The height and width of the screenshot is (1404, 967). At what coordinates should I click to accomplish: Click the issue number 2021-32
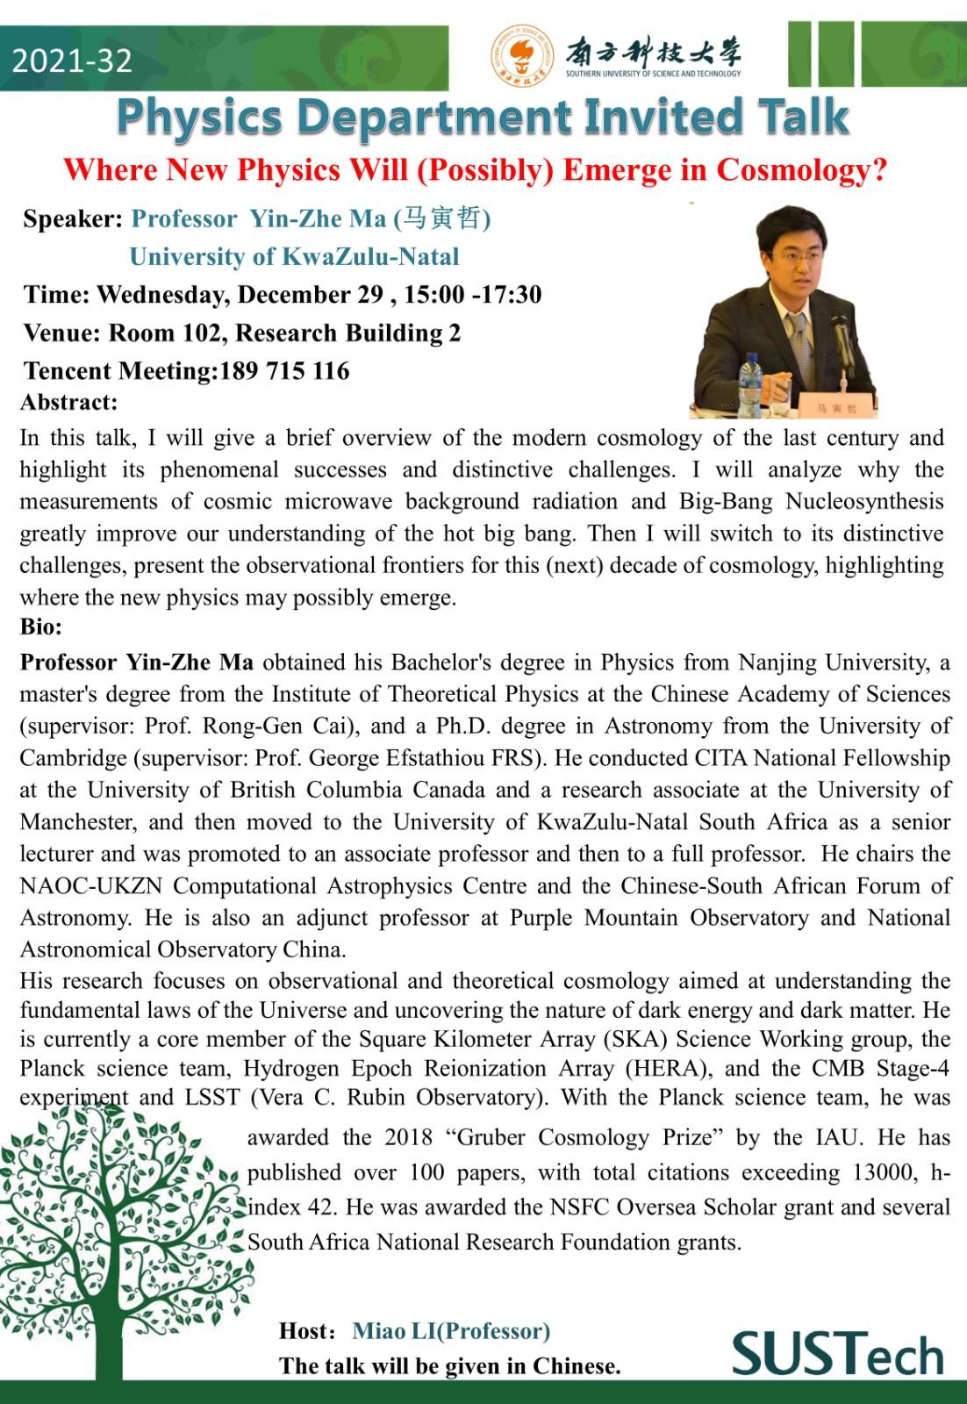coord(72,60)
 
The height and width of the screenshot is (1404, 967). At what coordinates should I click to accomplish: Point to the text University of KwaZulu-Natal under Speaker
coord(294,256)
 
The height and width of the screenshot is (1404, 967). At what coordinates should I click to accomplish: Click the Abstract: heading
coord(68,402)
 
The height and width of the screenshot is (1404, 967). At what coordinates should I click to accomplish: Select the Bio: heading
coord(41,627)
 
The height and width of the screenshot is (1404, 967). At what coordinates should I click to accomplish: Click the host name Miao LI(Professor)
coord(451,1331)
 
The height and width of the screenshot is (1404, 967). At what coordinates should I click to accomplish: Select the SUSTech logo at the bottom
coord(838,1354)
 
